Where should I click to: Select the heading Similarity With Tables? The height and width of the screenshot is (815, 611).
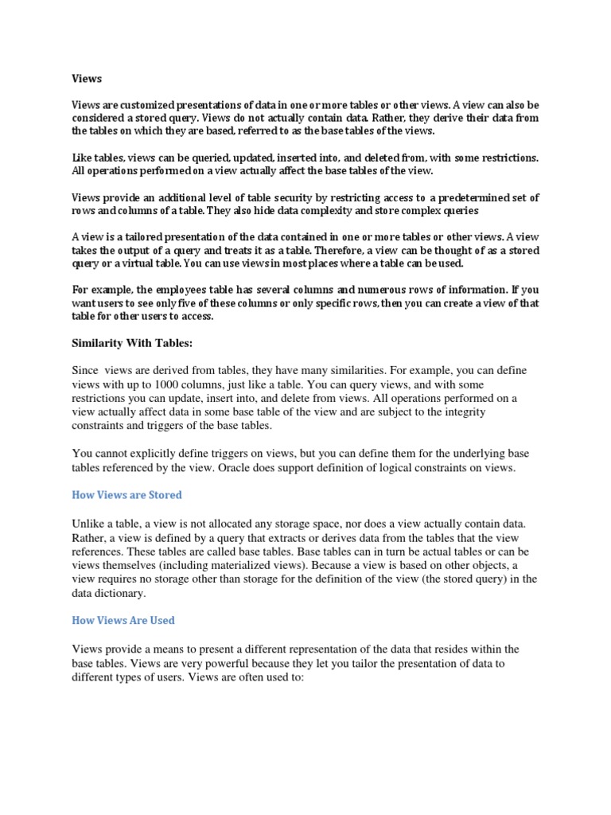[132, 343]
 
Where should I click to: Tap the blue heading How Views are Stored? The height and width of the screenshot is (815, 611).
[127, 495]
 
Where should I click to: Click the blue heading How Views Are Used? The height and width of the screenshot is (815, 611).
[123, 620]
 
